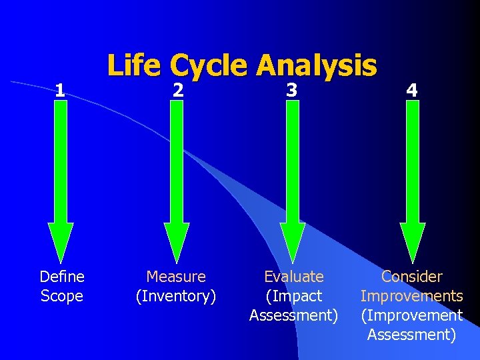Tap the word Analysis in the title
317,66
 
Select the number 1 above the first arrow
60,89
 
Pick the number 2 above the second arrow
177,89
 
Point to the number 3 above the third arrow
292,89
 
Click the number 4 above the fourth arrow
413,89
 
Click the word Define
62,276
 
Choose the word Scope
62,295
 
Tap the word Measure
176,276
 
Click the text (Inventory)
176,295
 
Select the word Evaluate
294,276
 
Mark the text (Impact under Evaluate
294,295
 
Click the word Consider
411,276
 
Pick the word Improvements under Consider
411,295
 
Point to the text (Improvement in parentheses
411,315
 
